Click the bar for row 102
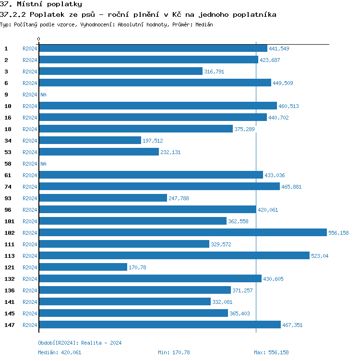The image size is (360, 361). pyautogui.click(x=182, y=233)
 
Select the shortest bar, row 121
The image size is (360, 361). pyautogui.click(x=83, y=267)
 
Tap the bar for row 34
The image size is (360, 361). pyautogui.click(x=90, y=141)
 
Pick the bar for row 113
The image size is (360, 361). pyautogui.click(x=174, y=256)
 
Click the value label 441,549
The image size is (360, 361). pyautogui.click(x=279, y=48)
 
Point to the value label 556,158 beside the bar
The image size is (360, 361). pyautogui.click(x=338, y=233)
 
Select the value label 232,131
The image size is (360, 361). pyautogui.click(x=170, y=152)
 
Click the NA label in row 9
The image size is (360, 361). pyautogui.click(x=43, y=95)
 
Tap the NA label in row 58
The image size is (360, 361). pyautogui.click(x=43, y=164)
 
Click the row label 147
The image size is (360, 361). pyautogui.click(x=9, y=325)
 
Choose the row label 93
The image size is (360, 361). pyautogui.click(x=8, y=198)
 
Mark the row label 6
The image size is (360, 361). pyautogui.click(x=6, y=83)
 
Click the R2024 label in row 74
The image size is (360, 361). pyautogui.click(x=30, y=187)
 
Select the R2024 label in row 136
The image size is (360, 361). pyautogui.click(x=30, y=290)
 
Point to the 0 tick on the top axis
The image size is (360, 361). pyautogui.click(x=39, y=39)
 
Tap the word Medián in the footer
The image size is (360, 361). pyautogui.click(x=47, y=352)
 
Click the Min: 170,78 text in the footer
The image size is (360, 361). pyautogui.click(x=174, y=352)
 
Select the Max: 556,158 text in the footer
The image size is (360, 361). pyautogui.click(x=271, y=352)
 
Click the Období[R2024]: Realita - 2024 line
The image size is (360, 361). pyautogui.click(x=80, y=343)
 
